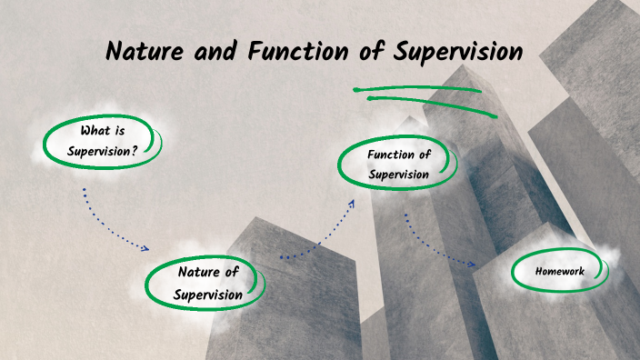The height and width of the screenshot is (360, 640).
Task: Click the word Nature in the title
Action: coord(142,51)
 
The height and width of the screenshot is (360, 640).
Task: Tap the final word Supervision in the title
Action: coord(458,51)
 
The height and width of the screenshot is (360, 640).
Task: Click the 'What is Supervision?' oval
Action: coord(103,141)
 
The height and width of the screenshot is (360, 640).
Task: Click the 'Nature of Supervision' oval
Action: coord(208,283)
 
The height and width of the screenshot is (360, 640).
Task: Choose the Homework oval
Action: coord(559,271)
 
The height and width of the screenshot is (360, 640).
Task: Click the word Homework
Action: coord(559,271)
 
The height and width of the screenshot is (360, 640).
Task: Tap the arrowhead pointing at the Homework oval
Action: coord(472,265)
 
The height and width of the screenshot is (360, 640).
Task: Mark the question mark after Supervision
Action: coord(135,151)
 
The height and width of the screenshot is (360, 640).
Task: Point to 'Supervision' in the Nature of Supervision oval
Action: coord(208,295)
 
